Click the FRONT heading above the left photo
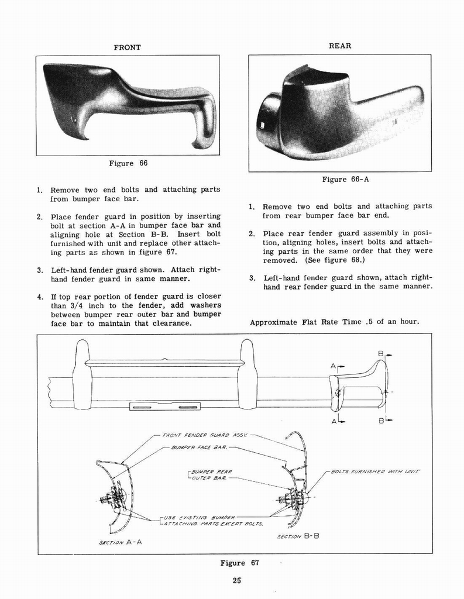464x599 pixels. pos(126,47)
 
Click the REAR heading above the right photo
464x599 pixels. pos(339,46)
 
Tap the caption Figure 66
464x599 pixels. pos(128,163)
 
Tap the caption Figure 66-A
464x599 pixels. pos(345,180)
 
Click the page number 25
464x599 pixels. pos(236,580)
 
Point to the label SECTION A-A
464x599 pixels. pos(121,542)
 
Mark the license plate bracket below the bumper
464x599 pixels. pos(165,406)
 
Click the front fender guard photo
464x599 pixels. pos(128,105)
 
